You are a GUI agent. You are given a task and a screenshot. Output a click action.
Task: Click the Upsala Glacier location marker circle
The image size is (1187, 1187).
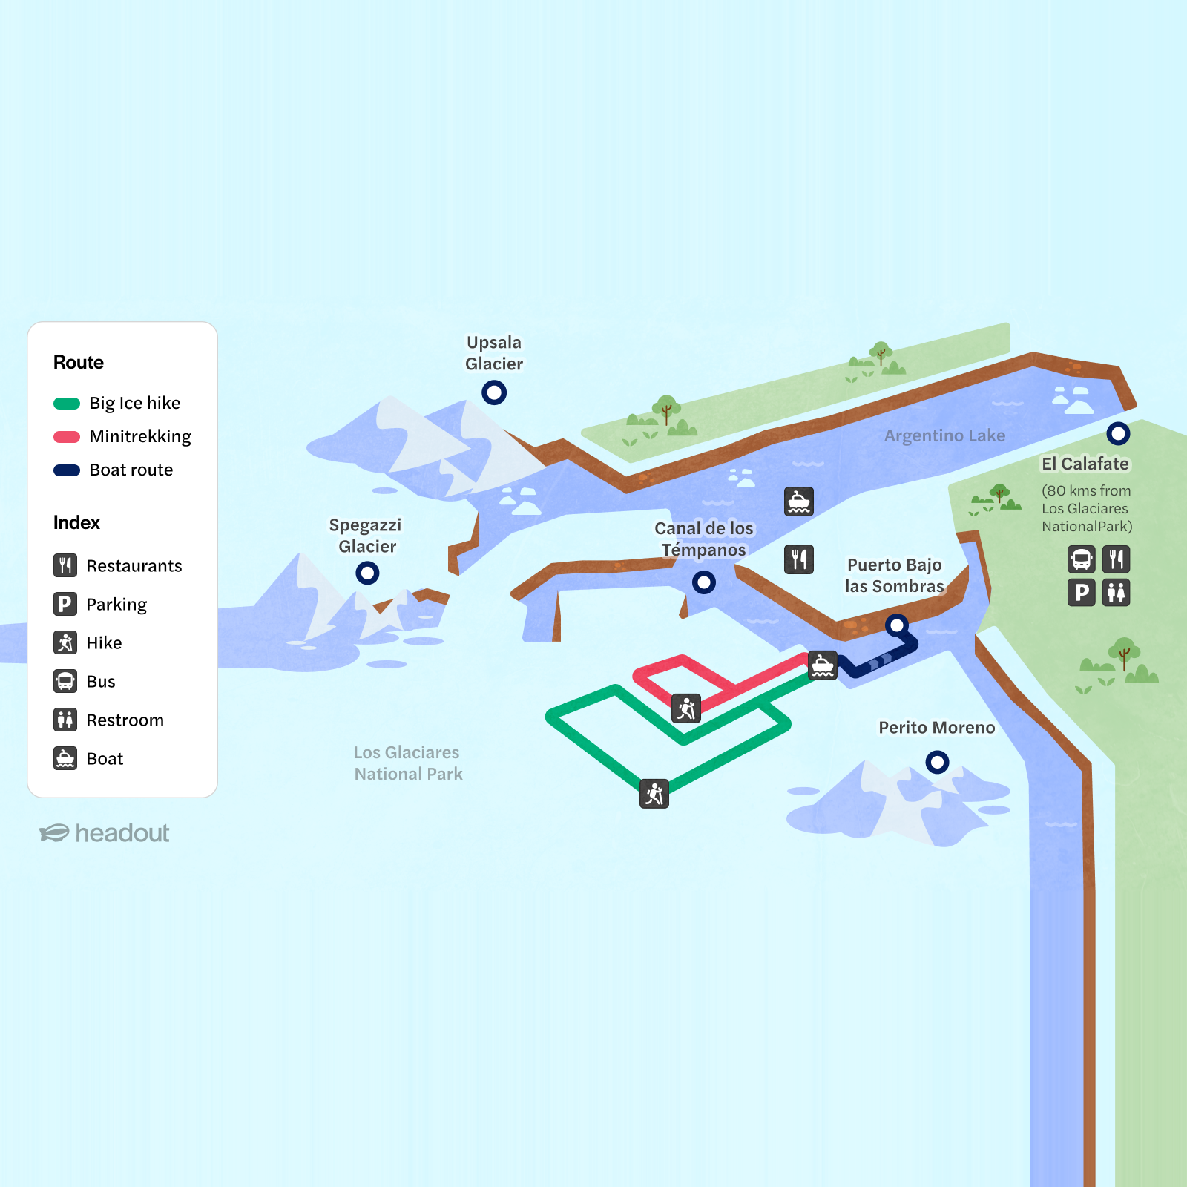coord(494,392)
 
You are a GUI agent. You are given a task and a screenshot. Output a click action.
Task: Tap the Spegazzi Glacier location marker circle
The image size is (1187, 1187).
coord(367,573)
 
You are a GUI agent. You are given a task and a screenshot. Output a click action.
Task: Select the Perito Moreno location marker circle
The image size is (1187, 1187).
coord(937,761)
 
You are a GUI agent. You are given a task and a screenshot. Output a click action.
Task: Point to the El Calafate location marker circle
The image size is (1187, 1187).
coord(1118,433)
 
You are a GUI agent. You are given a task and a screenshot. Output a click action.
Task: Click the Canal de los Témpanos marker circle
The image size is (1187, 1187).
coord(704,582)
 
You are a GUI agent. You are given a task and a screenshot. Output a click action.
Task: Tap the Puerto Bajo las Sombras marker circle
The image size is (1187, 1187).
coord(897,625)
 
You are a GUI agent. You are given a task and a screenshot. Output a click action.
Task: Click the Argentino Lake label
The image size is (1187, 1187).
coord(944,435)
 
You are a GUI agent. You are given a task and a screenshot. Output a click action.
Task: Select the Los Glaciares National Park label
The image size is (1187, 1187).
coord(407,763)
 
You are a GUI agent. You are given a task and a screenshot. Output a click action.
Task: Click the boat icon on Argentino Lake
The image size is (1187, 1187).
coord(799,502)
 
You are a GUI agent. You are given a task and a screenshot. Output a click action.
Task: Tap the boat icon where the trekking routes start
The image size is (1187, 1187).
coord(823,665)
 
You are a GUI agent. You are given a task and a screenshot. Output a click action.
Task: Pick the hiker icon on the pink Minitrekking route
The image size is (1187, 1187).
coord(686,708)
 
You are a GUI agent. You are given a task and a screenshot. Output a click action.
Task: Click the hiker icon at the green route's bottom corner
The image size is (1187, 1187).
coord(654,794)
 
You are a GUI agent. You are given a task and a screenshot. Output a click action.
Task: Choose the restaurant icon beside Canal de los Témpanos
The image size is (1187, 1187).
coord(799,559)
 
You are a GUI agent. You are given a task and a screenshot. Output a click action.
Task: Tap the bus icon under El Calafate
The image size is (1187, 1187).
coord(1082,559)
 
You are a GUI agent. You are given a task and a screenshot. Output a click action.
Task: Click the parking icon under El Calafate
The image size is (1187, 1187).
coord(1082,593)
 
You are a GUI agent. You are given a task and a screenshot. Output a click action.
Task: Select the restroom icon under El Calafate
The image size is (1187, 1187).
coord(1117,593)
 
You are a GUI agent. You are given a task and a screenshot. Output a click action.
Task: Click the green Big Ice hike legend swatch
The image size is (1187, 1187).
coord(67,404)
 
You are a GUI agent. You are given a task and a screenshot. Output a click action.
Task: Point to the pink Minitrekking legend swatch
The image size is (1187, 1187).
coord(67,437)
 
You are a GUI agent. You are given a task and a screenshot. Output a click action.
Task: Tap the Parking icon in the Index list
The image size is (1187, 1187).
coord(65,604)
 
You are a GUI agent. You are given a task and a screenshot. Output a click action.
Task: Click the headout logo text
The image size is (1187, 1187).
coord(122,833)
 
